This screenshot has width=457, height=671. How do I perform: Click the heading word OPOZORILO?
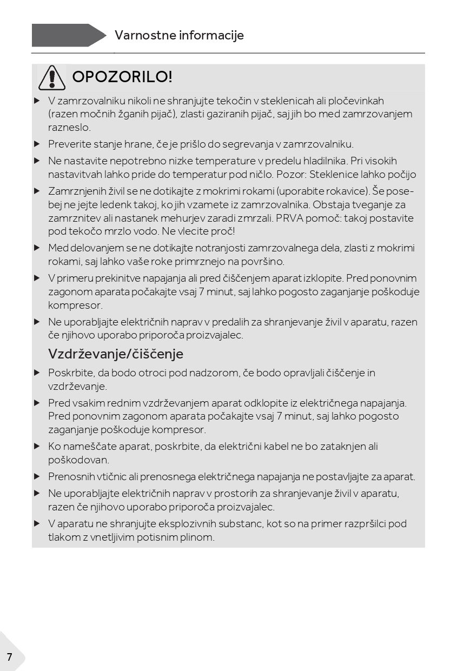click(x=122, y=77)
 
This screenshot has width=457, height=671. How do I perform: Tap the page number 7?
click(x=9, y=657)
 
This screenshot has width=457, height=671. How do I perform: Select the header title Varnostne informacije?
click(x=179, y=35)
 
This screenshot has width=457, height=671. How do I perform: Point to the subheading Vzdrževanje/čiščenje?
click(x=116, y=354)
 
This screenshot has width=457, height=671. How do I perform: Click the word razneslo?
click(x=69, y=128)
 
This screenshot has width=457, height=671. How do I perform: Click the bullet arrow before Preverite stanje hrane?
click(x=37, y=144)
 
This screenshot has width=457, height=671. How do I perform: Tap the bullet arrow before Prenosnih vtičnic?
click(x=37, y=477)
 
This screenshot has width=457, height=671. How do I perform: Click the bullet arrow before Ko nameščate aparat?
click(x=37, y=447)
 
